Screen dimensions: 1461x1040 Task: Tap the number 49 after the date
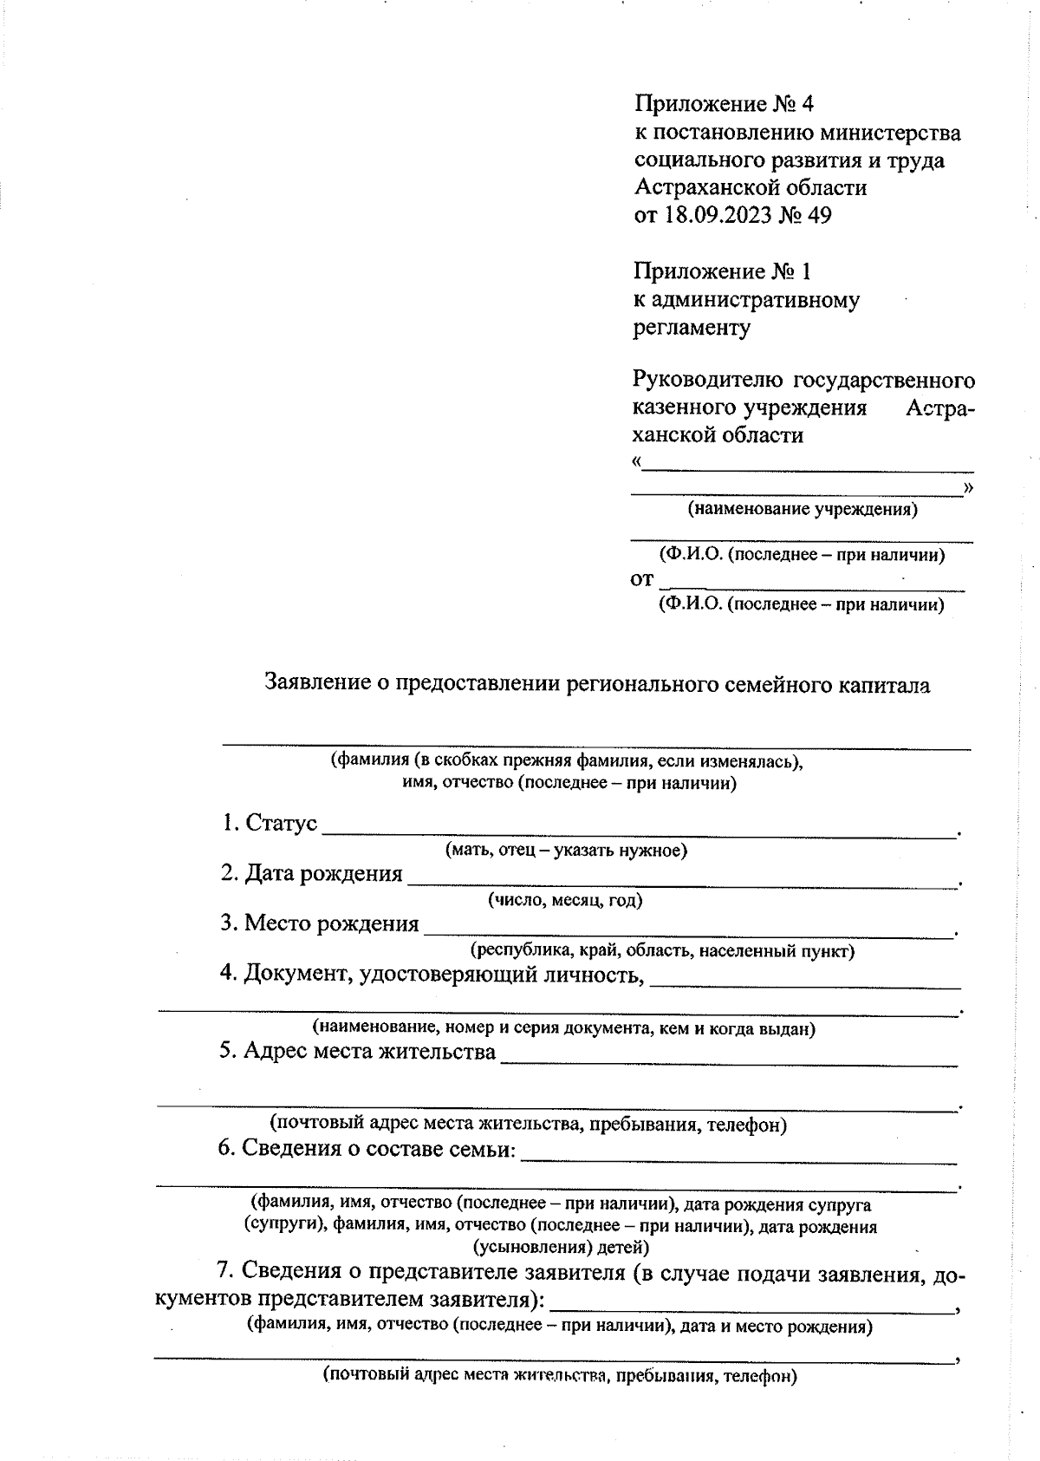click(818, 215)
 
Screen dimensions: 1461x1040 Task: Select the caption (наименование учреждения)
click(802, 509)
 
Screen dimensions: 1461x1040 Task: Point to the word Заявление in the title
click(315, 685)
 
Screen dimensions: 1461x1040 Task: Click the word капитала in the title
click(883, 685)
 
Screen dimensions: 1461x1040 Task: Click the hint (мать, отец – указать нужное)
click(566, 850)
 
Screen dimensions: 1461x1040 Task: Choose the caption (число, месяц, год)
click(565, 900)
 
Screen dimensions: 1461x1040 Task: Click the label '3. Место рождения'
click(319, 923)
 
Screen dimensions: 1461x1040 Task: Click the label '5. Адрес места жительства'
click(357, 1052)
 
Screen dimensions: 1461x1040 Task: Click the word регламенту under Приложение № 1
click(692, 328)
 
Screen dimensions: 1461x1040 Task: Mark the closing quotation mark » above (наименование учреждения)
click(968, 487)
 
